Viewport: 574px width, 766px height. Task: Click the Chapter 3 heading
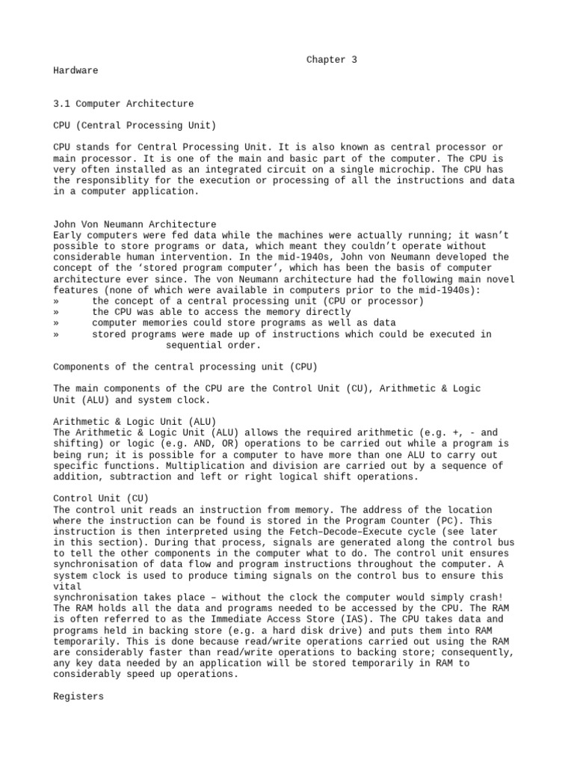pos(331,60)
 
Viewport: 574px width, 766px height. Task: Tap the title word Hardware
pos(75,70)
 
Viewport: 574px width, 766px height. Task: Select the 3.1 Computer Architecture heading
pos(123,104)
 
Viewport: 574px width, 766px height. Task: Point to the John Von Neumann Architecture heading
pos(135,224)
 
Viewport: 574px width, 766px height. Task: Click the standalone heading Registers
pos(78,697)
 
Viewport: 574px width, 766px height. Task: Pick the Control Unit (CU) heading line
pos(101,498)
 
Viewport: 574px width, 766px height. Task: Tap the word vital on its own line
pos(67,586)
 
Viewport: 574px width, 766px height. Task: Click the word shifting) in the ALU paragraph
pos(78,444)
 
